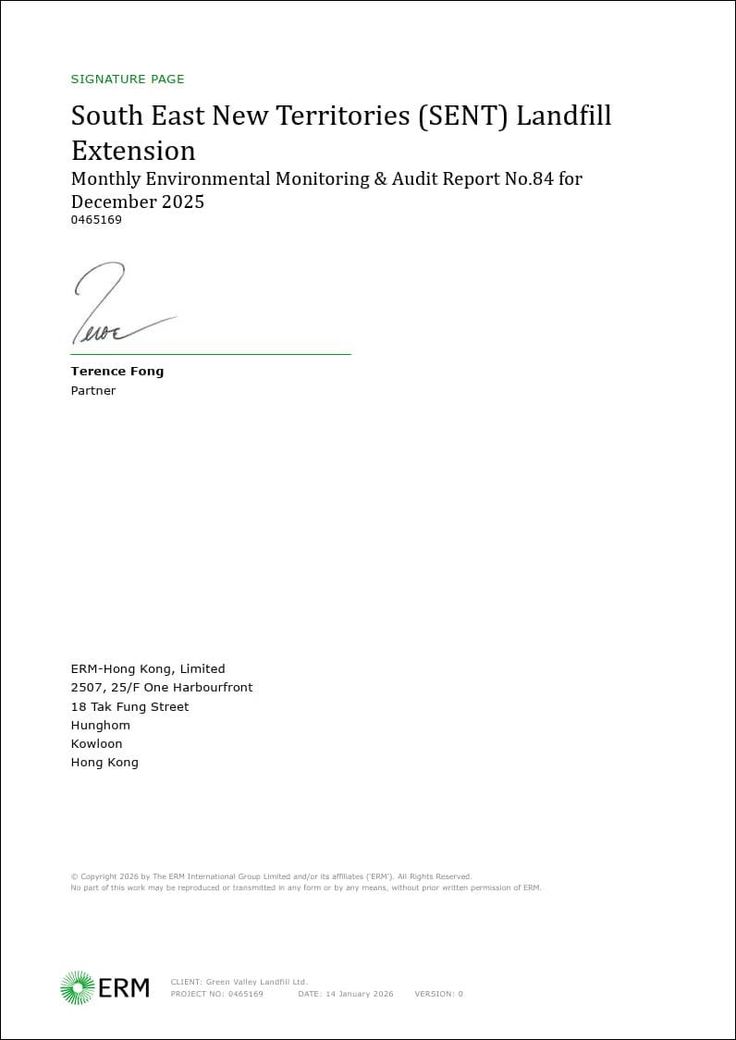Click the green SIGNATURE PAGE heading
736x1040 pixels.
[128, 80]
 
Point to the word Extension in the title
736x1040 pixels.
[133, 151]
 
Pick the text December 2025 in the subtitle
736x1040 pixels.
[138, 202]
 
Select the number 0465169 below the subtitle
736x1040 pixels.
[96, 220]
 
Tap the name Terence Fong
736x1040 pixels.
[117, 372]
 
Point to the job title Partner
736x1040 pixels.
[93, 391]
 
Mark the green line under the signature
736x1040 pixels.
[211, 354]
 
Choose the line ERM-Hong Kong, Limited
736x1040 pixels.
[148, 669]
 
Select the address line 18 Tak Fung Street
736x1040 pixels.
[129, 707]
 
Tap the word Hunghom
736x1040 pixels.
[101, 726]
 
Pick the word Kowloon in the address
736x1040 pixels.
[96, 744]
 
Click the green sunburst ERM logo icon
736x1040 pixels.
[78, 987]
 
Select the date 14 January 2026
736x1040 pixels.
[358, 995]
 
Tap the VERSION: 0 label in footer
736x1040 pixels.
[438, 995]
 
